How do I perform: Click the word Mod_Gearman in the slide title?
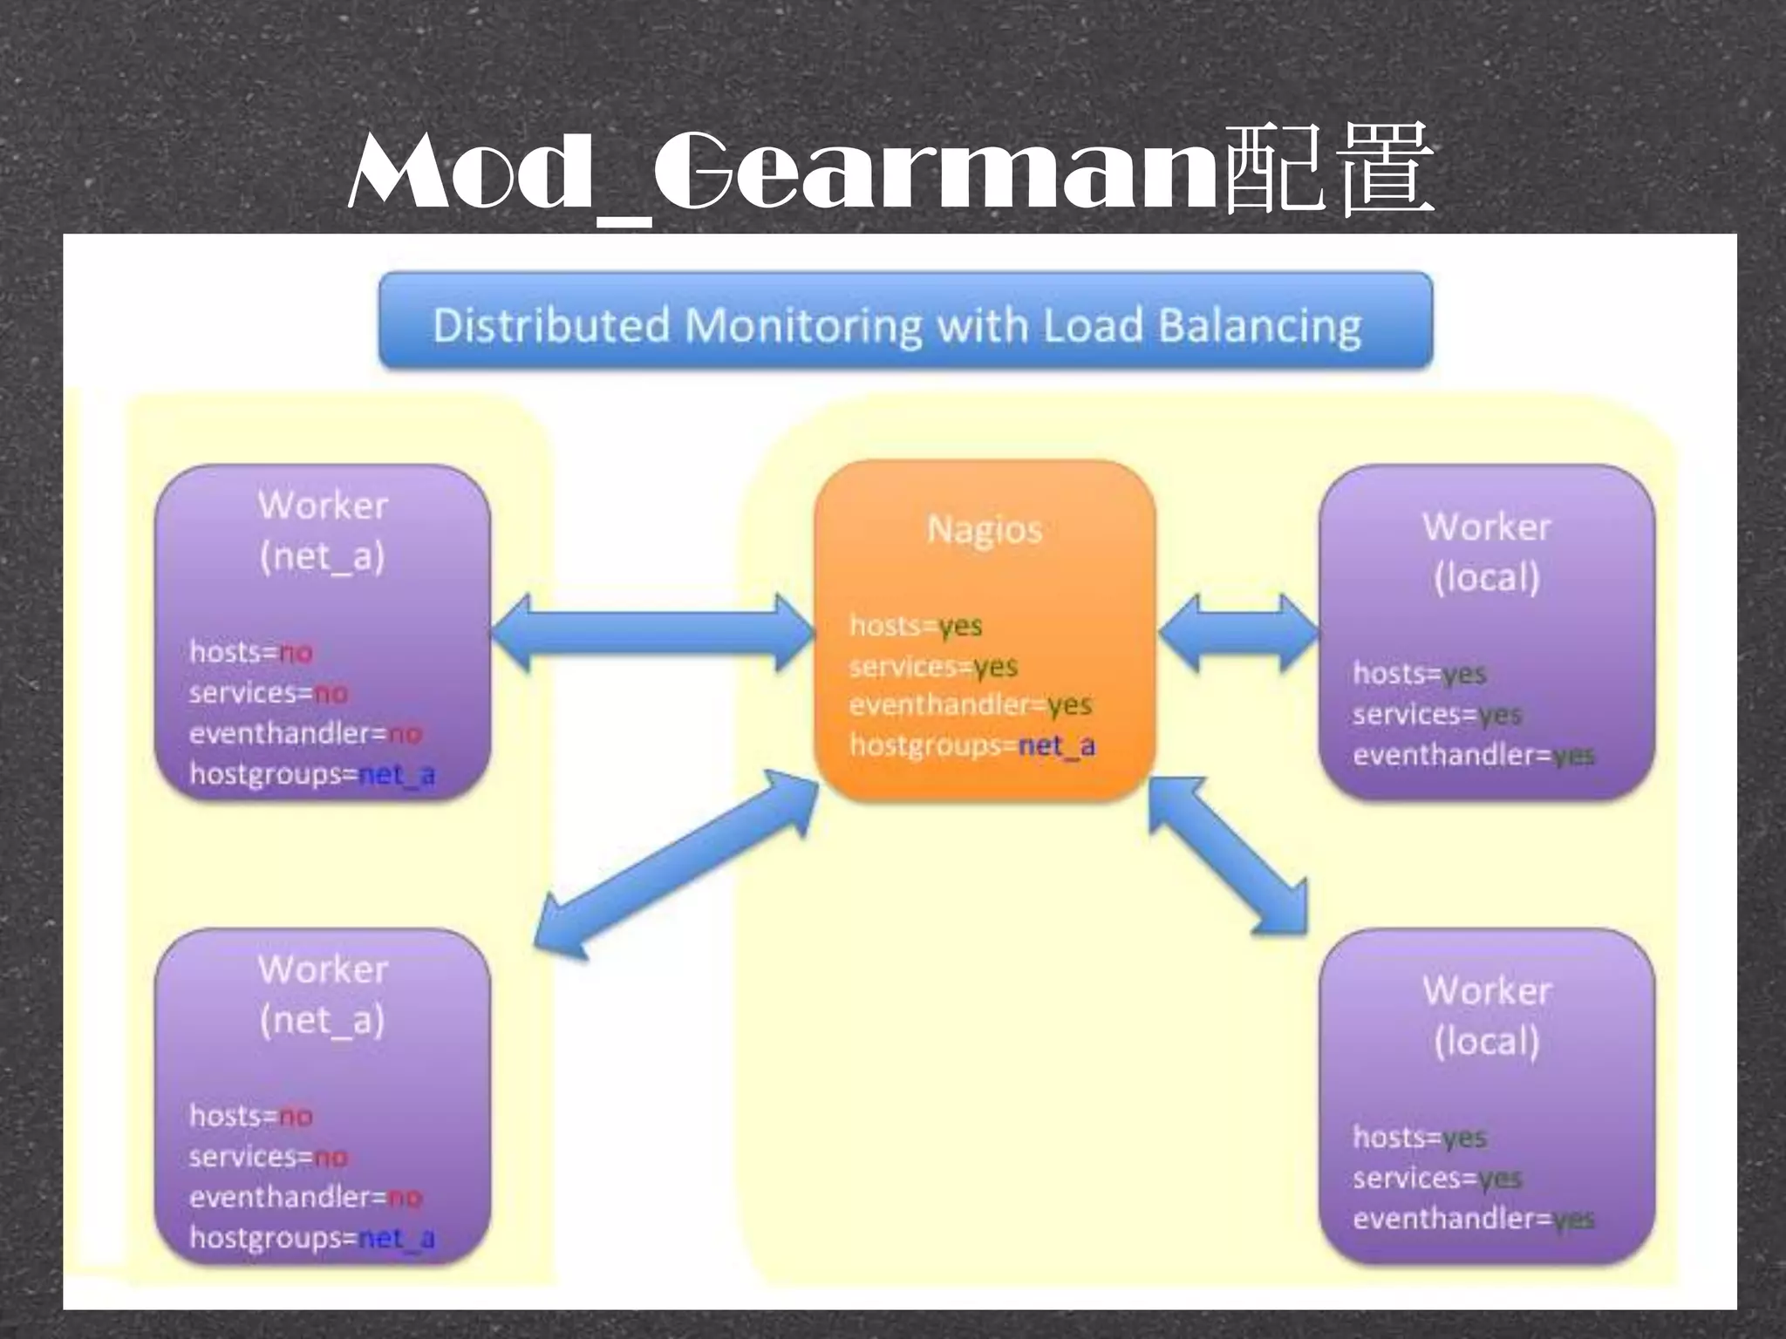click(x=781, y=170)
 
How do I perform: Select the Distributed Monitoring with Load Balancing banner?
click(x=905, y=323)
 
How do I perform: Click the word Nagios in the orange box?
click(x=985, y=529)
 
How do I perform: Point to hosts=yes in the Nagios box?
click(x=916, y=626)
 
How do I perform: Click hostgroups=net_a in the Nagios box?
click(x=972, y=746)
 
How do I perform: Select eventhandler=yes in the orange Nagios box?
click(x=970, y=704)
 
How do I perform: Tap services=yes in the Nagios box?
click(x=933, y=667)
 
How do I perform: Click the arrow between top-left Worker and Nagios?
click(x=652, y=634)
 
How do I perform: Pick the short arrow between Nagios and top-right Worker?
click(x=1238, y=634)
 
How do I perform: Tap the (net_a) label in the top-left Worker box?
click(x=322, y=556)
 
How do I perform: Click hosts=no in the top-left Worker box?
click(x=251, y=652)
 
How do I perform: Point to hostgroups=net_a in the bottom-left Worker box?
click(x=311, y=1238)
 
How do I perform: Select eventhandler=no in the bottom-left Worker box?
click(x=305, y=1198)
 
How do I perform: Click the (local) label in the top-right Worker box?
click(x=1487, y=577)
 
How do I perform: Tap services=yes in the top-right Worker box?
click(x=1437, y=715)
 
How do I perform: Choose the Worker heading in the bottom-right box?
click(x=1487, y=990)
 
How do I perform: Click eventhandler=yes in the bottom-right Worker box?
click(x=1473, y=1219)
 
